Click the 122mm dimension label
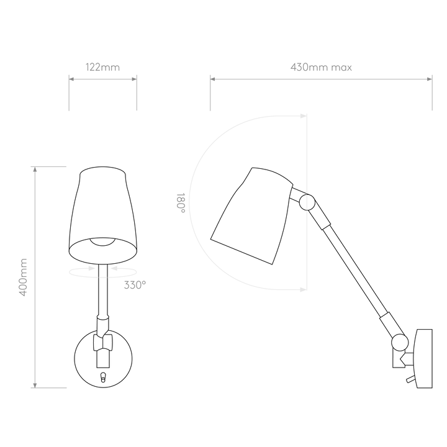102,67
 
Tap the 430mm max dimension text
321,67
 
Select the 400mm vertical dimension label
23,277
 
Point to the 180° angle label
181,202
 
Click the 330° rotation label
135,285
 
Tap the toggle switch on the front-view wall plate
103,377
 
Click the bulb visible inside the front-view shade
103,241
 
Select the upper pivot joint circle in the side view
307,202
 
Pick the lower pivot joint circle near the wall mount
400,342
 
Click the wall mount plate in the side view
425,359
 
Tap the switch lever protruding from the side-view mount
411,379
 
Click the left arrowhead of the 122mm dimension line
71,79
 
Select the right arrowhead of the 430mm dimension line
430,79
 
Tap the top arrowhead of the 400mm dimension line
35,169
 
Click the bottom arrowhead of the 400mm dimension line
35,385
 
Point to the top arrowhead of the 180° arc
304,116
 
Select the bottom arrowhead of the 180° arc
304,290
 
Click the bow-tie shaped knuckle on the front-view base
103,342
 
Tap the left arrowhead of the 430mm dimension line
213,79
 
